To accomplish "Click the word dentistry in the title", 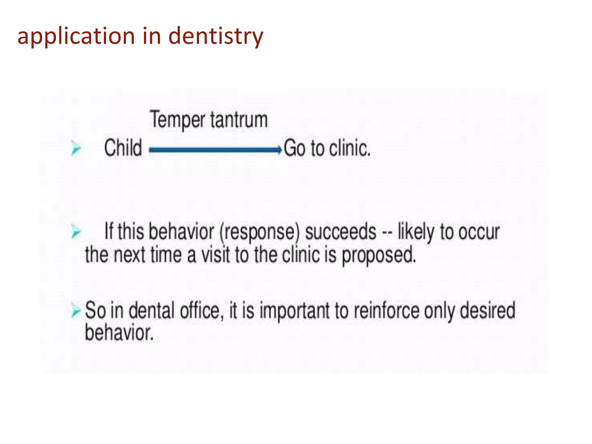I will [x=216, y=36].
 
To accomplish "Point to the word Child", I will [x=123, y=148].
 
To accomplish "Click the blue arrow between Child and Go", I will [x=215, y=150].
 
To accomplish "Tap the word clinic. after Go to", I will [x=350, y=148].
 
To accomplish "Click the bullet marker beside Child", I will [x=76, y=149].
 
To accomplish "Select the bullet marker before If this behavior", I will [x=76, y=232].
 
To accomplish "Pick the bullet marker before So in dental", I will [x=76, y=311].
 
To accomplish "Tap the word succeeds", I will [x=341, y=232].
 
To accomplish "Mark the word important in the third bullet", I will [x=295, y=311].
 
